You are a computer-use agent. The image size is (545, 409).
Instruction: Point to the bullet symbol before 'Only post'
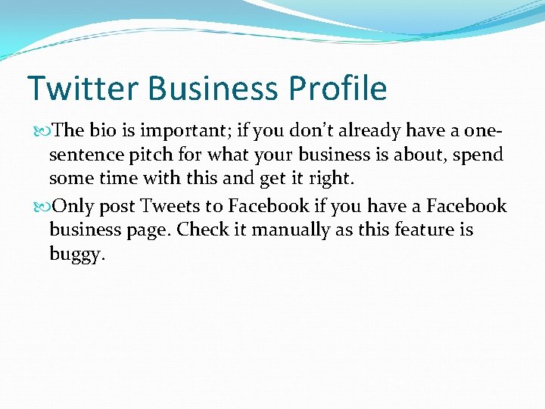pyautogui.click(x=46, y=207)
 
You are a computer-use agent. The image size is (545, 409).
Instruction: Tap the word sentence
pyautogui.click(x=83, y=155)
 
